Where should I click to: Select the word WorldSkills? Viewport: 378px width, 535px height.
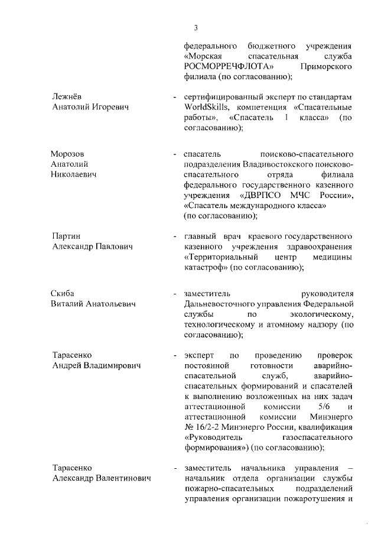coord(204,107)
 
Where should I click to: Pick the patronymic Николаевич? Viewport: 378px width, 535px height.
coord(74,174)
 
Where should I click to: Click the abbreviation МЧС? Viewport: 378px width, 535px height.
coord(308,195)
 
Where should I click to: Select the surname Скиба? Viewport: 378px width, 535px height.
coord(64,293)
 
